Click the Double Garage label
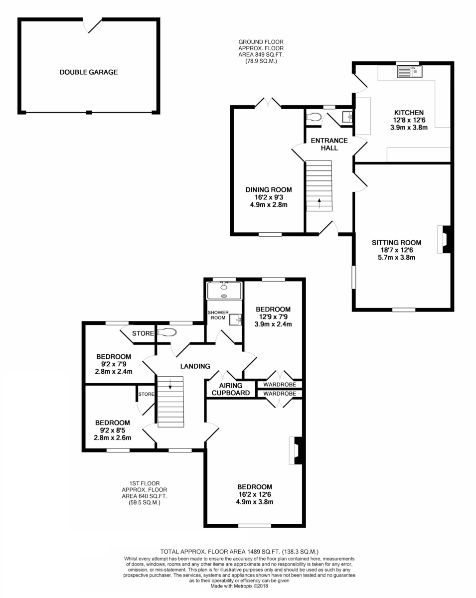point(89,72)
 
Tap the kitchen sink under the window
point(410,71)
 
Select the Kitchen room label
point(409,113)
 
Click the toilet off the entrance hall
point(314,117)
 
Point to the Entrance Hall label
point(329,144)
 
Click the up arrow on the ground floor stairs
point(319,203)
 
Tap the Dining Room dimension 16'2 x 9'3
point(269,197)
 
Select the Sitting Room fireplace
point(444,239)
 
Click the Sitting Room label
point(396,243)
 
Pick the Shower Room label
point(218,315)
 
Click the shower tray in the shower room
point(224,291)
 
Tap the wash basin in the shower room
point(235,320)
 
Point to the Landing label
point(195,366)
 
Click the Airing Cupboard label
point(231,389)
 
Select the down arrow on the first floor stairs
point(170,384)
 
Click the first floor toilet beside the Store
point(167,332)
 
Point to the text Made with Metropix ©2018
point(239,586)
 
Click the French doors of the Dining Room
point(268,102)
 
